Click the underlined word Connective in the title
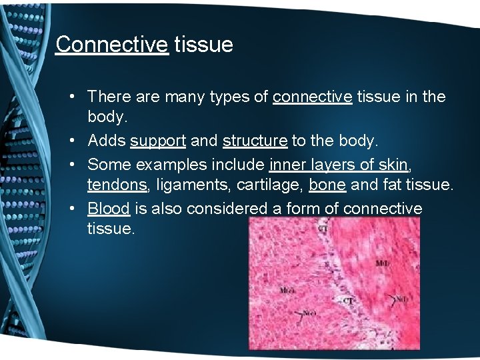[111, 45]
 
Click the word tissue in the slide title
[203, 45]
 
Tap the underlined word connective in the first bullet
[312, 97]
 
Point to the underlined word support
[158, 141]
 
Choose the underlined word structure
[255, 141]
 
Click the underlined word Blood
[108, 209]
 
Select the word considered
[228, 209]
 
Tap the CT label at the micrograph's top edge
[323, 229]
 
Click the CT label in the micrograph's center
[347, 301]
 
